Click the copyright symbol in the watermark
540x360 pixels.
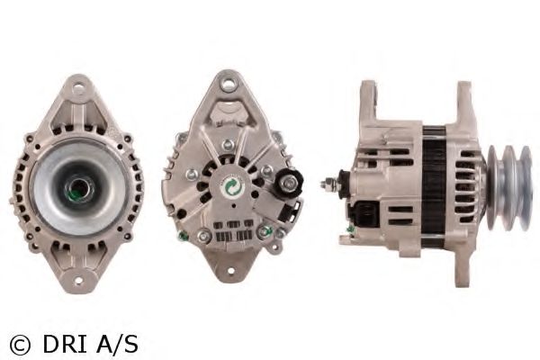pos(20,345)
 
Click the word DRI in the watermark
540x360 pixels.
pos(65,345)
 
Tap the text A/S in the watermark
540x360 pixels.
pos(117,345)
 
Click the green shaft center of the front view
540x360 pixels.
pos(78,189)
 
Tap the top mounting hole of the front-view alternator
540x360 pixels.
pos(78,85)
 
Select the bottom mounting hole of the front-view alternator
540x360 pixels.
pos(79,281)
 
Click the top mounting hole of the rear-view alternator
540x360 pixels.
pos(228,84)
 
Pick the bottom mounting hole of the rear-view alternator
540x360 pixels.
pos(229,270)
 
